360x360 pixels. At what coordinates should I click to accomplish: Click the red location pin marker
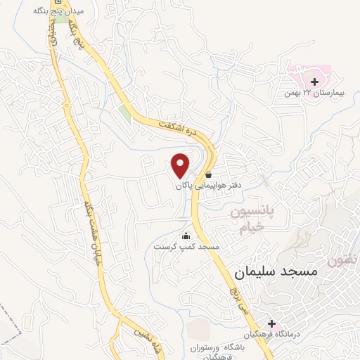tap(181, 165)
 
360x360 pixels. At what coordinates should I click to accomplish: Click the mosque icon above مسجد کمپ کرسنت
tap(186, 236)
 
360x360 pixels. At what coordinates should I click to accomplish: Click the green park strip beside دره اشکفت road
tap(125, 112)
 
